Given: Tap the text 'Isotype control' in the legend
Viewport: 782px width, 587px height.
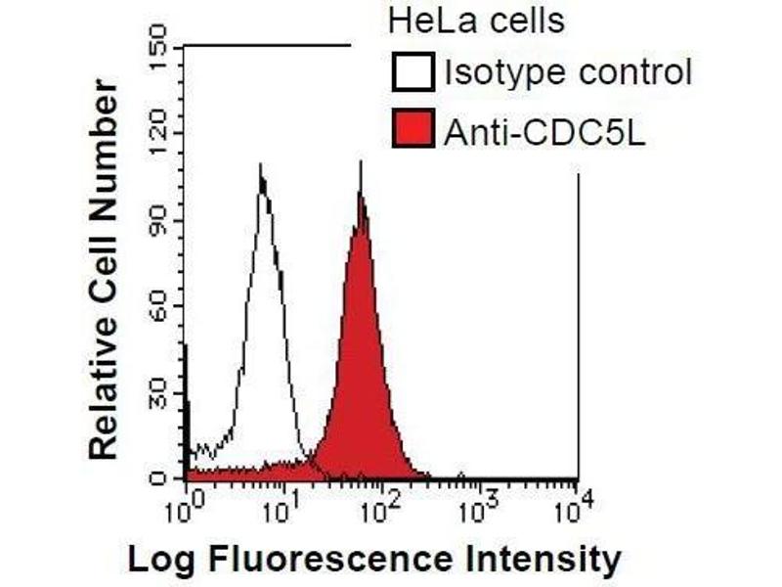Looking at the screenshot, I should tap(567, 71).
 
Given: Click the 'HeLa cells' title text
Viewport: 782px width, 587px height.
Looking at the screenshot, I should tap(477, 21).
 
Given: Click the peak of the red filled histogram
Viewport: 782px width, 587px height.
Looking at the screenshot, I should tap(361, 196).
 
